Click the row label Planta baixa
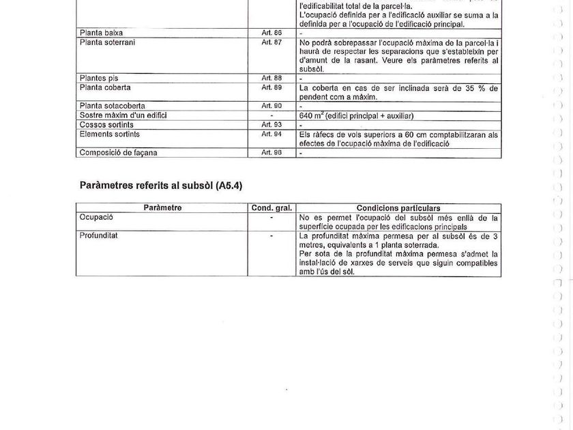[101, 33]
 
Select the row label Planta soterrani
[107, 42]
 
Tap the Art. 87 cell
[271, 42]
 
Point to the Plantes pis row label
[99, 78]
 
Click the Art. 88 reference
[271, 78]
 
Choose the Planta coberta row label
[105, 88]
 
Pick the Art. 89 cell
[271, 88]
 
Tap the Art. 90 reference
[271, 106]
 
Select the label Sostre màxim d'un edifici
[123, 115]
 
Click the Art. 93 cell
[271, 125]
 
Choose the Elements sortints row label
[109, 134]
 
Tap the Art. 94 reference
[271, 134]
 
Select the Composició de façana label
[118, 152]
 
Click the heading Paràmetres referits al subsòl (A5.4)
[161, 186]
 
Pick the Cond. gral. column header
[271, 207]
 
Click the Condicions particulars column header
[398, 207]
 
